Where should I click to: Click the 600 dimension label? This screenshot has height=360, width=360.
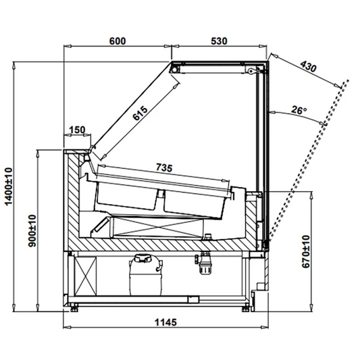pyautogui.click(x=118, y=41)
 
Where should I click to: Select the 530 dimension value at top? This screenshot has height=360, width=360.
pyautogui.click(x=219, y=41)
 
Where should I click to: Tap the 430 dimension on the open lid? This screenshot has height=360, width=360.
pyautogui.click(x=309, y=66)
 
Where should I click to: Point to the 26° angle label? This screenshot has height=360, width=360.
pyautogui.click(x=299, y=110)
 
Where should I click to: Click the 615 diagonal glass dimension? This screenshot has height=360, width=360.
pyautogui.click(x=140, y=113)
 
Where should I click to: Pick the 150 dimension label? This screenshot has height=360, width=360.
pyautogui.click(x=77, y=130)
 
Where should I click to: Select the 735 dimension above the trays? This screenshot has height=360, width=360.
pyautogui.click(x=164, y=168)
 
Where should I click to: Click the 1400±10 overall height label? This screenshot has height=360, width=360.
pyautogui.click(x=9, y=186)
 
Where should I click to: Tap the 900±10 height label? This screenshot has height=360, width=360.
pyautogui.click(x=32, y=230)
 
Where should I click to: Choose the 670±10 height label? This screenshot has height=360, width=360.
pyautogui.click(x=305, y=251)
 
